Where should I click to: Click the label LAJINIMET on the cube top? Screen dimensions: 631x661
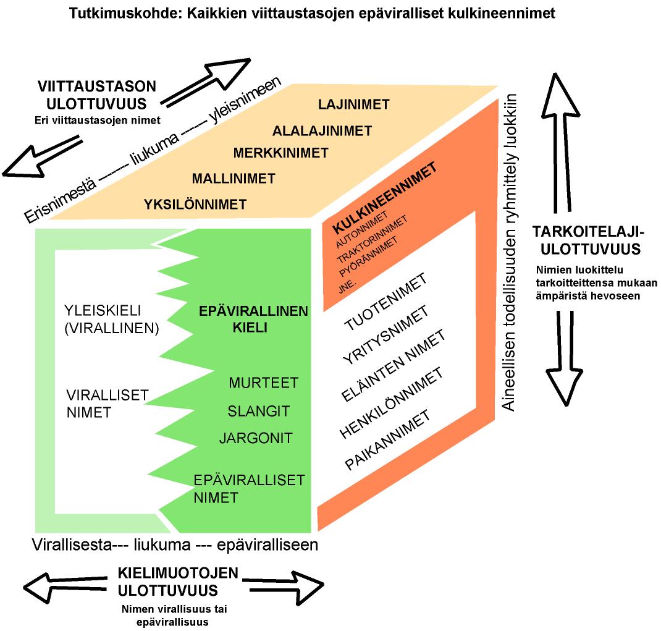click(x=354, y=104)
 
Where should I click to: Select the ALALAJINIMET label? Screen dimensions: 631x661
click(x=322, y=130)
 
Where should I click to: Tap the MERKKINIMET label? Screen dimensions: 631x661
click(x=281, y=152)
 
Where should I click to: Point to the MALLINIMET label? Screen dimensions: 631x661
click(x=234, y=179)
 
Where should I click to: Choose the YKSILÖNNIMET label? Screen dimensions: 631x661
click(x=195, y=203)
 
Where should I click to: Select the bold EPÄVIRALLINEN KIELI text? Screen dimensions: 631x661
click(x=253, y=320)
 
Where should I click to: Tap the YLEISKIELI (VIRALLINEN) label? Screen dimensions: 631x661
click(x=111, y=319)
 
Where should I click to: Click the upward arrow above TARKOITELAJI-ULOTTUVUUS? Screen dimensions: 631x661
click(x=563, y=142)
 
